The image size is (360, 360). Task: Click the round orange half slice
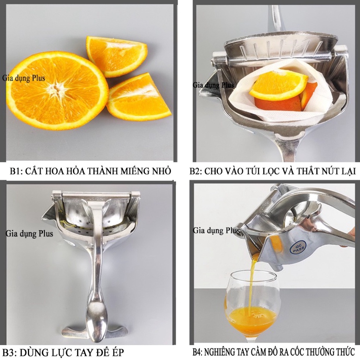57,91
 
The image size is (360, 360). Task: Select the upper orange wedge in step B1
117,56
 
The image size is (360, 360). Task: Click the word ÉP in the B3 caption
117,352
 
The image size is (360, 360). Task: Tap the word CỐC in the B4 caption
298,351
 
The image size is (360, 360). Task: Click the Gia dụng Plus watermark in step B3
29,234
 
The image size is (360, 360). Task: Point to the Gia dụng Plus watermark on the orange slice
24,78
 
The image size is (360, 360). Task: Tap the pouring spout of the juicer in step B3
49,215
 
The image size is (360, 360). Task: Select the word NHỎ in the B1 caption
162,171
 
